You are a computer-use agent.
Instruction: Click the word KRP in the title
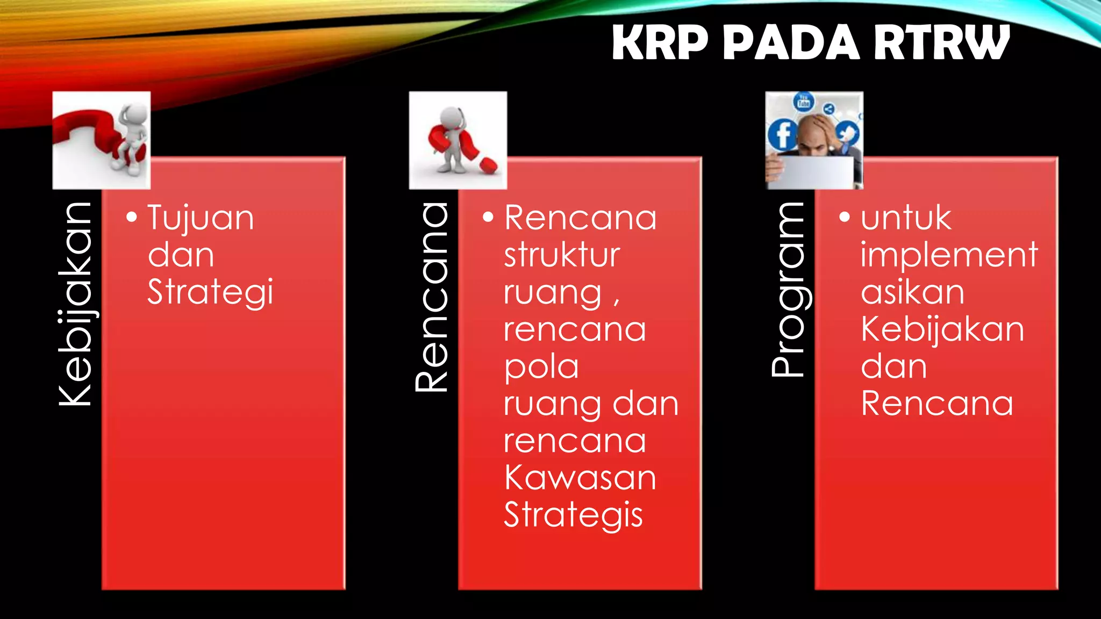click(x=660, y=43)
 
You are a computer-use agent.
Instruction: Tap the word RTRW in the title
click(x=942, y=43)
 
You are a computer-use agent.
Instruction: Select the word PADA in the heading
click(x=791, y=43)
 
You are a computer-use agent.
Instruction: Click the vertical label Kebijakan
click(x=75, y=304)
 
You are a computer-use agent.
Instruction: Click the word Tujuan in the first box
click(x=201, y=218)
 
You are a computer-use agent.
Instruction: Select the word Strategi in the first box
click(x=210, y=292)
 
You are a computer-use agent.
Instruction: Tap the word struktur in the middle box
click(x=562, y=255)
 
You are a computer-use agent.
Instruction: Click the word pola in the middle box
click(x=541, y=367)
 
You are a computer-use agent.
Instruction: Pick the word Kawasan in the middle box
click(x=580, y=478)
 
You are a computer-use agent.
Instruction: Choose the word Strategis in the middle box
click(x=573, y=515)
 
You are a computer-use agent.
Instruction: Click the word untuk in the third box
click(x=906, y=218)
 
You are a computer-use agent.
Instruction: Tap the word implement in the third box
click(x=949, y=255)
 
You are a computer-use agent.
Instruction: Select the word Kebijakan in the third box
click(x=942, y=330)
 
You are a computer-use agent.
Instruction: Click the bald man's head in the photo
click(x=815, y=129)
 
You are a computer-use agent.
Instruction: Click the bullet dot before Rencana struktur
click(x=488, y=218)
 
